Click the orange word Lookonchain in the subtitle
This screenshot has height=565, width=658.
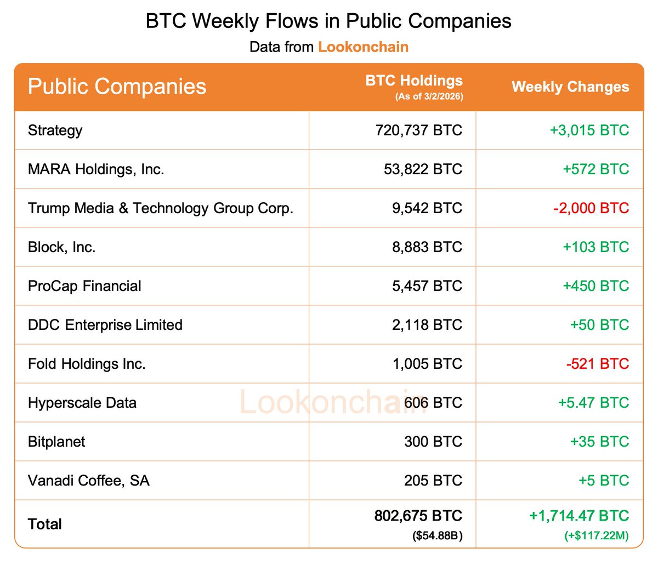pyautogui.click(x=363, y=47)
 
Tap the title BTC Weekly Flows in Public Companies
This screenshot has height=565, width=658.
pyautogui.click(x=328, y=21)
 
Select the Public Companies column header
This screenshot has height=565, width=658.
pyautogui.click(x=117, y=87)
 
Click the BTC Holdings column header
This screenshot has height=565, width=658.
pyautogui.click(x=414, y=81)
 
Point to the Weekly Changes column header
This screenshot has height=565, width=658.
pyautogui.click(x=570, y=87)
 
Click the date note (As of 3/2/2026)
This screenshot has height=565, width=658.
pyautogui.click(x=429, y=97)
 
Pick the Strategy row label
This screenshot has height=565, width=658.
pyautogui.click(x=55, y=130)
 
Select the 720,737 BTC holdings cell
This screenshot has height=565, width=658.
pyautogui.click(x=419, y=130)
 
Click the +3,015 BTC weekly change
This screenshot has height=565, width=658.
pyautogui.click(x=589, y=130)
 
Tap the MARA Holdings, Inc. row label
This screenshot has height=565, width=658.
pyautogui.click(x=96, y=169)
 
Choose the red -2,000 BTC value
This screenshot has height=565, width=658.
pyautogui.click(x=591, y=208)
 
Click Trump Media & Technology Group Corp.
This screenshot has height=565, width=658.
pyautogui.click(x=161, y=208)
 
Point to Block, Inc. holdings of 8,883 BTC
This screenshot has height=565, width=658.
pyautogui.click(x=427, y=247)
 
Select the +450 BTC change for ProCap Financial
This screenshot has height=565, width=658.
pyautogui.click(x=596, y=286)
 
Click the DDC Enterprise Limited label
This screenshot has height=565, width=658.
pyautogui.click(x=105, y=325)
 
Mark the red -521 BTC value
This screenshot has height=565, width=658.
pyautogui.click(x=598, y=364)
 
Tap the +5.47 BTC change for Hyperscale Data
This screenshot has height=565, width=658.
pyautogui.click(x=594, y=403)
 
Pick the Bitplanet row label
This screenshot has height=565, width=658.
pyautogui.click(x=56, y=442)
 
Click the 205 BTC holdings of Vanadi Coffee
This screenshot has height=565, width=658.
pyautogui.click(x=433, y=481)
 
